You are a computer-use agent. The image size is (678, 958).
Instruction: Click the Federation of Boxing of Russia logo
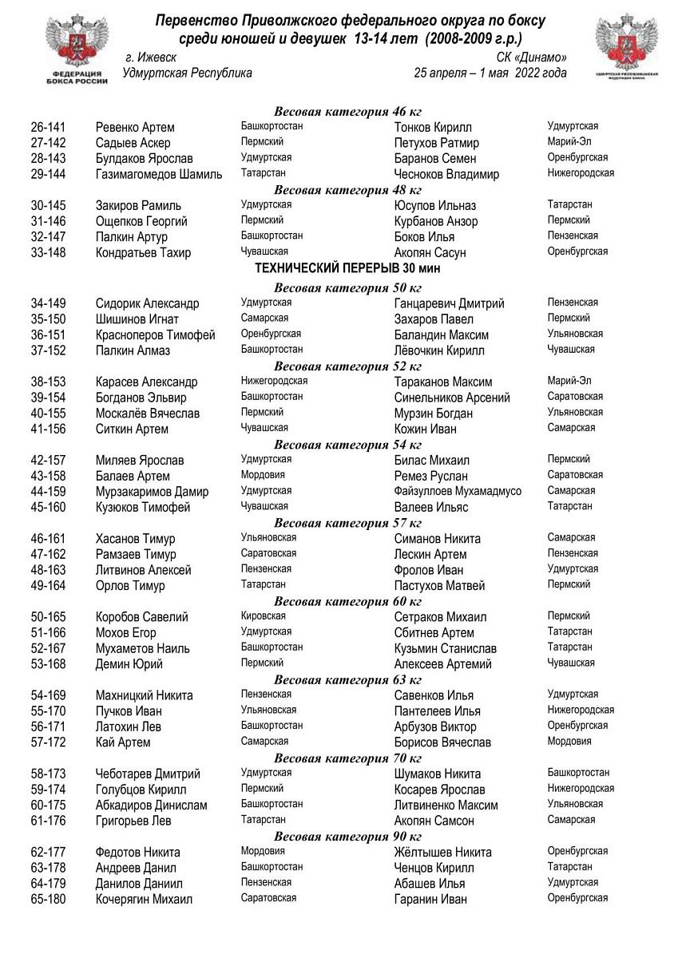[x=77, y=48]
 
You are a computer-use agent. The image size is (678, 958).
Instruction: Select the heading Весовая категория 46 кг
[x=348, y=111]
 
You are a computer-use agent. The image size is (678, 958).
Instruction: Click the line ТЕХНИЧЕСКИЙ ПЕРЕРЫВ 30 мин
[x=347, y=268]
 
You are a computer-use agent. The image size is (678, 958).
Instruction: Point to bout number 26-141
[x=48, y=128]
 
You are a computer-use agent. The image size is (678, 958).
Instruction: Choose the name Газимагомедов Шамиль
[x=159, y=175]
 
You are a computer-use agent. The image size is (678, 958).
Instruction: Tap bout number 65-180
[x=48, y=900]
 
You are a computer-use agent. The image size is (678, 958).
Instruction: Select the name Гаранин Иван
[x=430, y=900]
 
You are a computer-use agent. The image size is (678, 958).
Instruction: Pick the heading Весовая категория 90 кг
[x=348, y=837]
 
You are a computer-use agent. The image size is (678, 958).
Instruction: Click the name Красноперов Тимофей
[x=156, y=335]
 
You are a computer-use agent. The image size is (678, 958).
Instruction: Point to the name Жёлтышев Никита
[x=443, y=853]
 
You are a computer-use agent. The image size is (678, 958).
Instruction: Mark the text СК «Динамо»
[x=531, y=57]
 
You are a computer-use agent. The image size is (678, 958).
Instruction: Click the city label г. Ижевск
[x=152, y=57]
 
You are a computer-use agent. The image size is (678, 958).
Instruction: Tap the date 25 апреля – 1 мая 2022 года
[x=490, y=73]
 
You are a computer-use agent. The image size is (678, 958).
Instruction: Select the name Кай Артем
[x=123, y=742]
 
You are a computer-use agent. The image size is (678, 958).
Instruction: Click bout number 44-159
[x=48, y=492]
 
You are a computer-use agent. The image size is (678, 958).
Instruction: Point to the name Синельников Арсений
[x=452, y=398]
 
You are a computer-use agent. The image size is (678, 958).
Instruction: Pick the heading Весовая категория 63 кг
[x=348, y=680]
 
